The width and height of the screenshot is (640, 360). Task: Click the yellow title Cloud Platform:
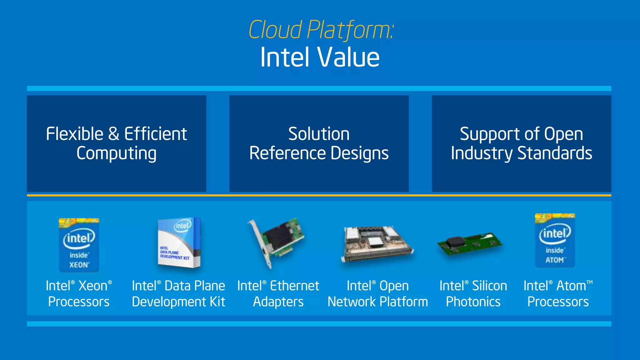click(321, 30)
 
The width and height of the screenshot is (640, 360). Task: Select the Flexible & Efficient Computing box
click(116, 143)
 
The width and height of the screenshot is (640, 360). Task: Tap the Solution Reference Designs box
click(319, 143)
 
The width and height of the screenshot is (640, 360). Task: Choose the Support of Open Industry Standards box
click(521, 143)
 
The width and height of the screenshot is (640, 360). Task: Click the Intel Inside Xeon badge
click(79, 245)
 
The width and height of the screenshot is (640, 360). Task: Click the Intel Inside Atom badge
click(555, 241)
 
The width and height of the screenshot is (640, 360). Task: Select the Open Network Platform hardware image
click(377, 244)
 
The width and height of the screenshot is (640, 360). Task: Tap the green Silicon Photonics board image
click(470, 244)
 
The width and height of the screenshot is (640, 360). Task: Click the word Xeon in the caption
click(93, 286)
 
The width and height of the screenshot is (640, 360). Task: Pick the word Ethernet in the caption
click(294, 286)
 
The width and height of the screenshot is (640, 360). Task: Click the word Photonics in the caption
click(473, 302)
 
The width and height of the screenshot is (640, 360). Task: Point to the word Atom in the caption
click(571, 286)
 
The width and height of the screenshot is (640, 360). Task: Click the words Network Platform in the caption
click(377, 302)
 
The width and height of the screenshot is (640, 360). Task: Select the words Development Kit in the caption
click(178, 302)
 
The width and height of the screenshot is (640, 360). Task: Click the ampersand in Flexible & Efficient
click(114, 134)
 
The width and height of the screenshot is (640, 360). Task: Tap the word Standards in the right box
click(555, 153)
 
